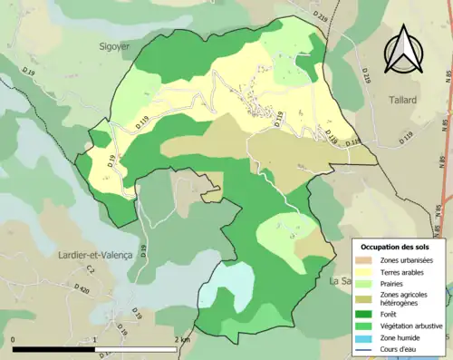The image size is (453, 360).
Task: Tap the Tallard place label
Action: tap(405, 100)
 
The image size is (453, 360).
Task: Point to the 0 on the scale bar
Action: tap(14, 340)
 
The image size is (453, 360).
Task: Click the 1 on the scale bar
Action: tap(96, 340)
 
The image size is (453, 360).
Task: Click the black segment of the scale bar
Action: tap(54, 349)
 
